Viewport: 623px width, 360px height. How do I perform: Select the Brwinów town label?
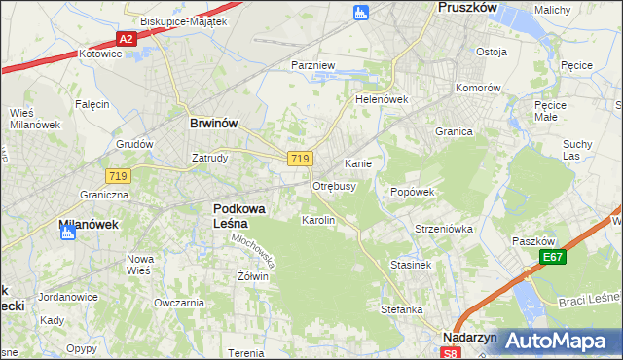click(213, 124)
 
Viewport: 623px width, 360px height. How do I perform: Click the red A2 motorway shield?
click(126, 39)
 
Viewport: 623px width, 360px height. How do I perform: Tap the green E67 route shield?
click(554, 257)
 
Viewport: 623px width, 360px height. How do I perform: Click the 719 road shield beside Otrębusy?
click(300, 159)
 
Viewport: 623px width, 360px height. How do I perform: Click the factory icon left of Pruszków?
click(360, 12)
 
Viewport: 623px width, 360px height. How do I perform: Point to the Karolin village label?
click(318, 220)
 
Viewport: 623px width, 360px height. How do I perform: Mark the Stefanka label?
click(401, 309)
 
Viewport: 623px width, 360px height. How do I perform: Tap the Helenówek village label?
click(381, 99)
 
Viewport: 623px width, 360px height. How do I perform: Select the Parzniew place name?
click(313, 65)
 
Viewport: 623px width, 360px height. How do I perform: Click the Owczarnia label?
click(178, 303)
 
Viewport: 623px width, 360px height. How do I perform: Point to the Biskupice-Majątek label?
click(183, 20)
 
